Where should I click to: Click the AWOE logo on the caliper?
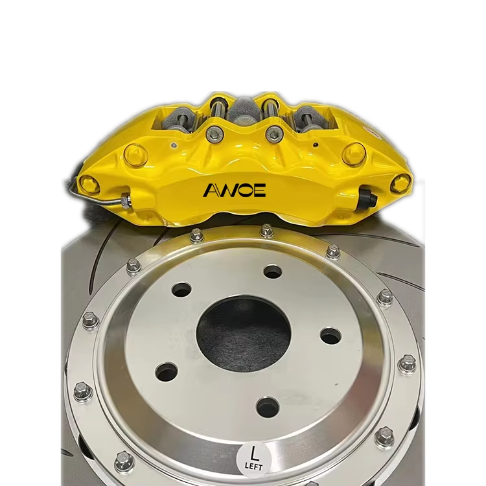click(235, 190)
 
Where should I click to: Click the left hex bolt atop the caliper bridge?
click(214, 133)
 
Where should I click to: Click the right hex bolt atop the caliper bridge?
click(274, 133)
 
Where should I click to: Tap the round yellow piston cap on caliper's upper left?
click(135, 154)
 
